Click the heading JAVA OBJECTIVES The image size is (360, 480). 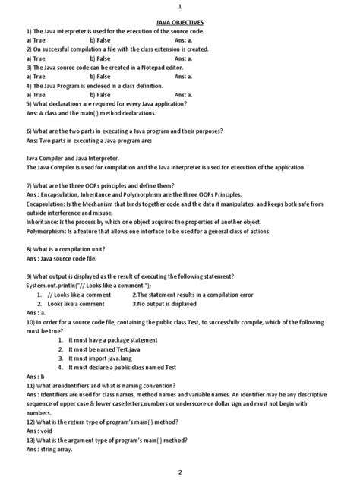coord(179,23)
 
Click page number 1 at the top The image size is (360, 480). coord(180,5)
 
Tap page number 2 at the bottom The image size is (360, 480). coord(180,472)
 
